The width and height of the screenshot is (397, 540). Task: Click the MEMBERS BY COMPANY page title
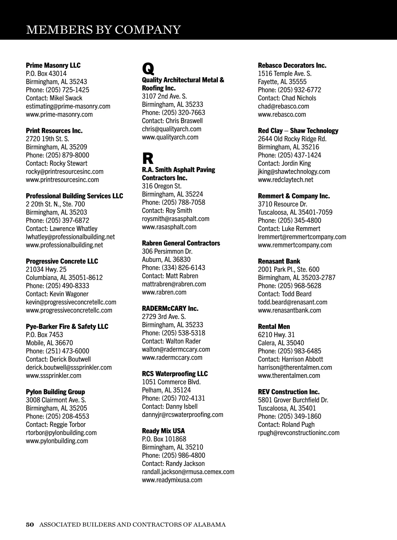103,30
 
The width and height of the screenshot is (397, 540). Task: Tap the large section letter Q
148,68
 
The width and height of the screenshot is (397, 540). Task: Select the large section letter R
148,158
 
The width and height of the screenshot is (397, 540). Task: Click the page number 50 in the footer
30,524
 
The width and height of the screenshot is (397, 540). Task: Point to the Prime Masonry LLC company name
53,65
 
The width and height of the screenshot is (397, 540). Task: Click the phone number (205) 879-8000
67,155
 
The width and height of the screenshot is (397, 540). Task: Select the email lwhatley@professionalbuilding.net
70,237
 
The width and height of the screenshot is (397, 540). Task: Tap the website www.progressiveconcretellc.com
69,310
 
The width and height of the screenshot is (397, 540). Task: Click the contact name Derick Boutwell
70,359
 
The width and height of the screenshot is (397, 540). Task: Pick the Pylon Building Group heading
56,392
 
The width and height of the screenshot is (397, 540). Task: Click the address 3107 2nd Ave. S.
164,96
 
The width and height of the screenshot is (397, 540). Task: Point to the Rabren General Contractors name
181,243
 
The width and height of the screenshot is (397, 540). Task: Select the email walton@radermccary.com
176,349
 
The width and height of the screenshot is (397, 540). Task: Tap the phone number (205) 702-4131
183,398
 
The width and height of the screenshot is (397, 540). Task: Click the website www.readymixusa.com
172,480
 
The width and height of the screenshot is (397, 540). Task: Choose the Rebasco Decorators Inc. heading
292,65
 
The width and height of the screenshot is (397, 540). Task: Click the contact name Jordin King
296,163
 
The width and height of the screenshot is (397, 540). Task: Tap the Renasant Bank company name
279,261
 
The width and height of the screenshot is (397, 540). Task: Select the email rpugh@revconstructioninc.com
299,433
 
